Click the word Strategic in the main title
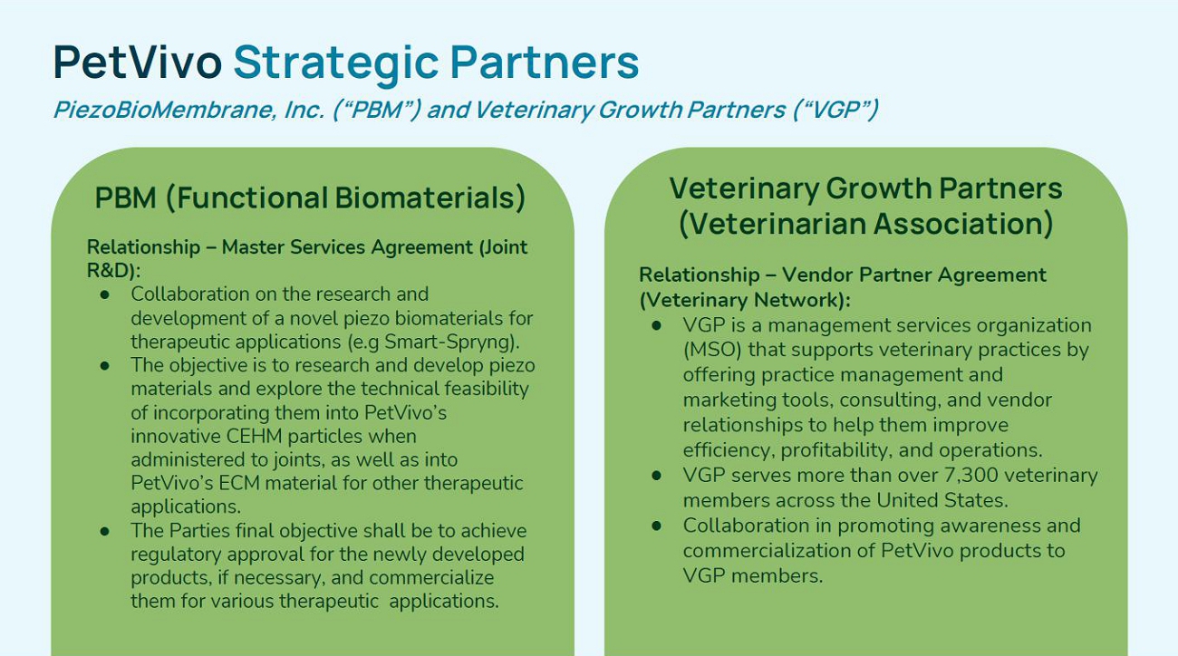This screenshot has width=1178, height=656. click(335, 63)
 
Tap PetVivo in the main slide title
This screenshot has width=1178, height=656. click(137, 62)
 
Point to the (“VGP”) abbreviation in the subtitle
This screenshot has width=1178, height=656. click(835, 110)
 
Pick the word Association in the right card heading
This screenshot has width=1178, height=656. click(963, 224)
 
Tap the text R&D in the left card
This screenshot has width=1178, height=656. click(110, 270)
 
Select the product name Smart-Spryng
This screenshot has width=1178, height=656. click(449, 342)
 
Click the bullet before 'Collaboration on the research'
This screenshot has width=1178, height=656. click(104, 294)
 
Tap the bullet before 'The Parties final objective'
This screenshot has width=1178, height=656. click(104, 531)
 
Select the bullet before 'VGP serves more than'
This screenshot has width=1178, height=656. click(656, 475)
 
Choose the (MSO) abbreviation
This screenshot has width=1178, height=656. click(712, 350)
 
